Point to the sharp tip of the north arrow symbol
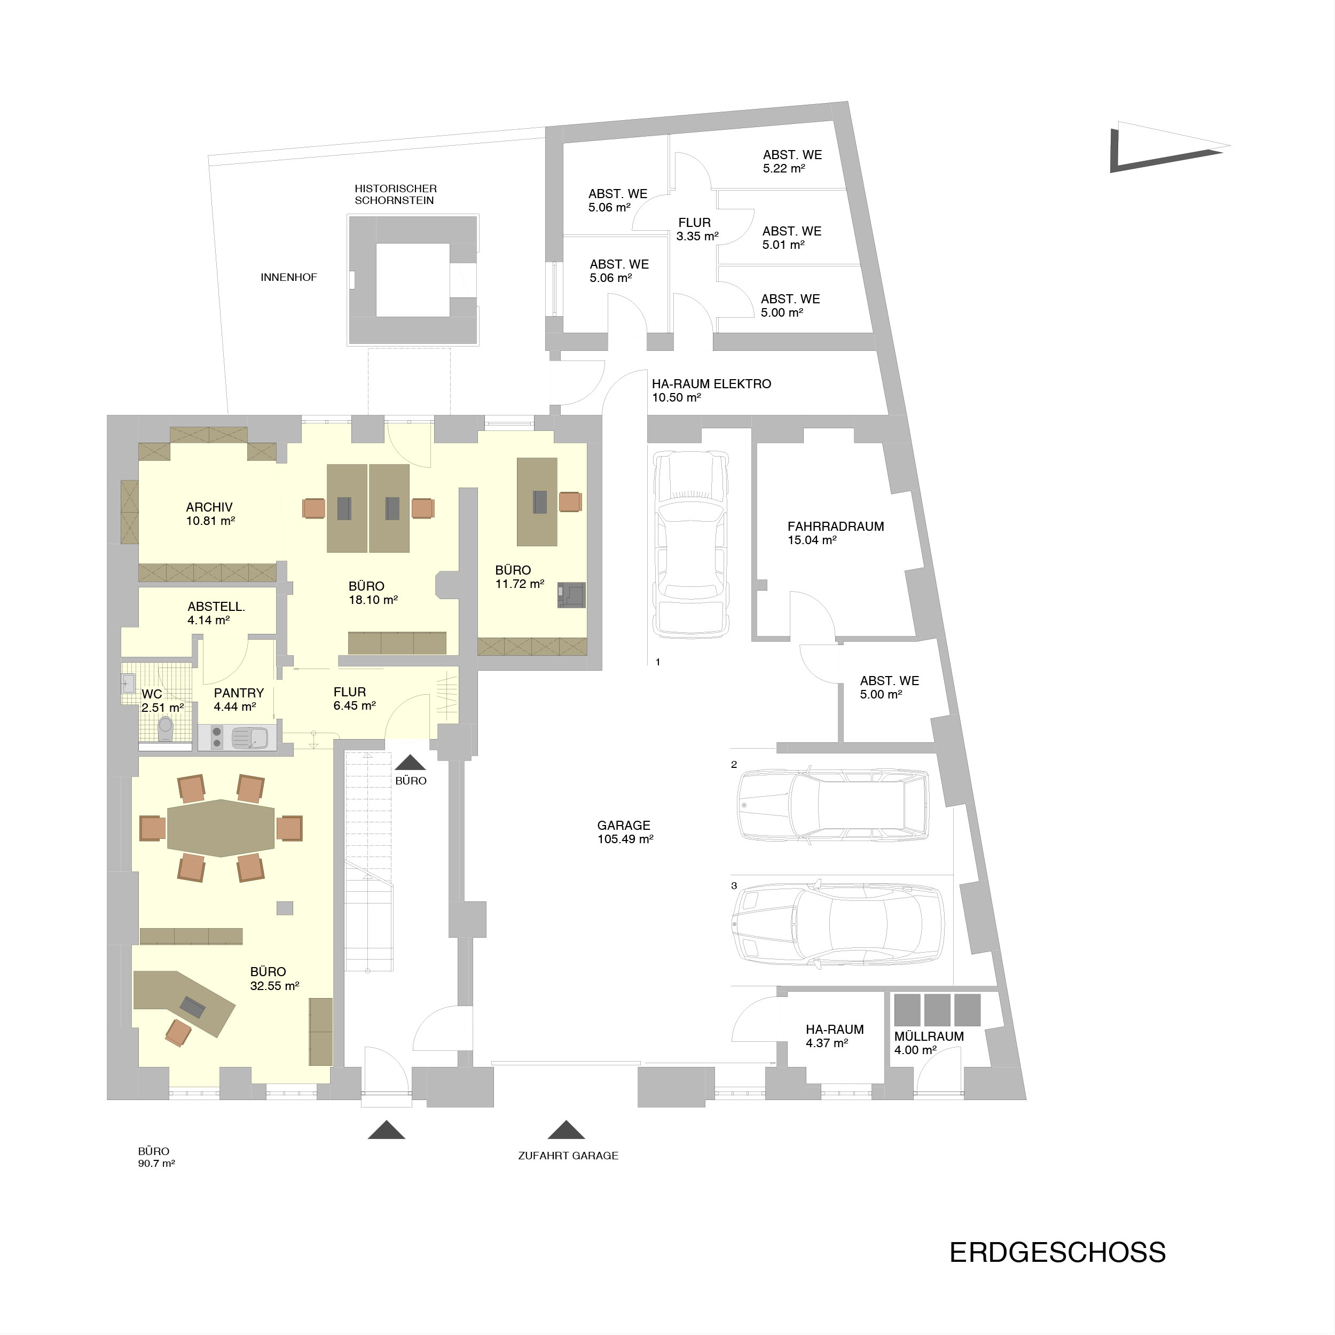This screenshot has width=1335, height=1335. pyautogui.click(x=1231, y=146)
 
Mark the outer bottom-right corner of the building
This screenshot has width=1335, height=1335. pyautogui.click(x=1026, y=1100)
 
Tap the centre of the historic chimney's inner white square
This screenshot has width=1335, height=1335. pyautogui.click(x=413, y=279)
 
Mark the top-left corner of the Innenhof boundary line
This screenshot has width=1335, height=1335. pyautogui.click(x=209, y=155)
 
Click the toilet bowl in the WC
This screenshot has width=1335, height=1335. pyautogui.click(x=165, y=728)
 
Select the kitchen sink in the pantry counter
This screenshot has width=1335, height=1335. pyautogui.click(x=249, y=738)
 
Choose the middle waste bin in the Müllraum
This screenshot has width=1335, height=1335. pyautogui.click(x=938, y=1010)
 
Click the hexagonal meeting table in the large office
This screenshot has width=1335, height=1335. pyautogui.click(x=221, y=828)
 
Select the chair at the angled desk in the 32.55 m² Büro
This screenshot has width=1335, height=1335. pyautogui.click(x=178, y=1032)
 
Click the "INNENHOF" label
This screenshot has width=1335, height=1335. pyautogui.click(x=289, y=278)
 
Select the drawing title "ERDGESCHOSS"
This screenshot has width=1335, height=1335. pyautogui.click(x=1058, y=1253)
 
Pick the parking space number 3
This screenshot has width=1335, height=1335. pyautogui.click(x=734, y=886)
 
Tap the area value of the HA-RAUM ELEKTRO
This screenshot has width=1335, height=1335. pyautogui.click(x=677, y=398)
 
